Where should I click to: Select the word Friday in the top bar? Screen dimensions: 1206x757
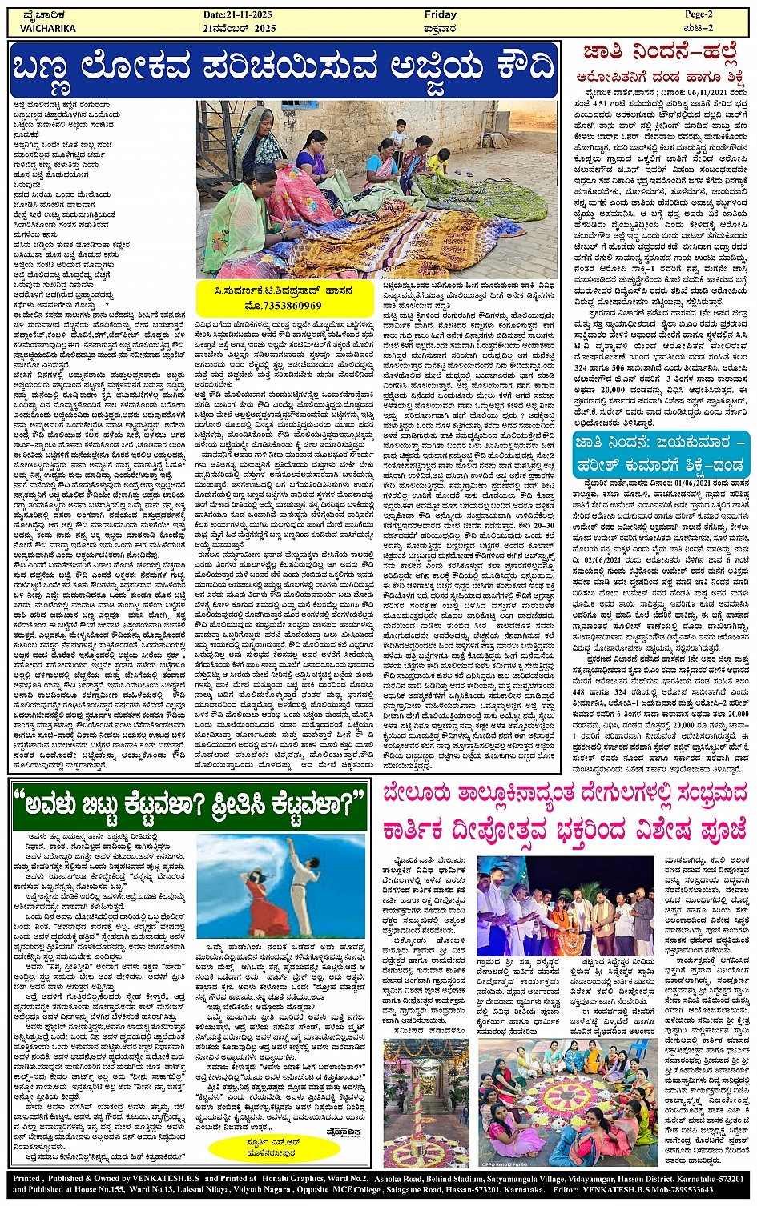pos(440,14)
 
